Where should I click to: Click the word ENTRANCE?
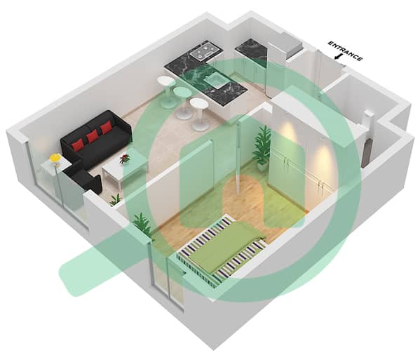pos(346,51)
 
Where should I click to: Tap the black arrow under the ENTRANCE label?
pos(339,57)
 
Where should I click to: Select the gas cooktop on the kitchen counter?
pos(205,51)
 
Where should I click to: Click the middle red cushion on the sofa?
pos(93,137)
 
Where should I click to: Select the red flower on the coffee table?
pos(125,158)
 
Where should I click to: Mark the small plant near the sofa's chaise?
pos(116,199)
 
